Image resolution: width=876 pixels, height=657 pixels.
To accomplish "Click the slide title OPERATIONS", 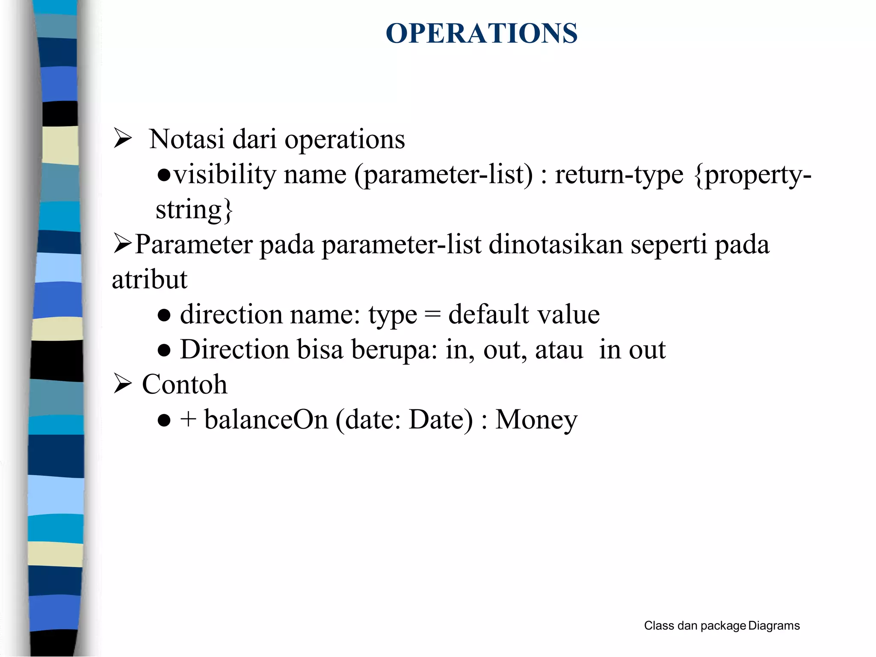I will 482,33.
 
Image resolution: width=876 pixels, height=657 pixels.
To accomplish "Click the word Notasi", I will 186,139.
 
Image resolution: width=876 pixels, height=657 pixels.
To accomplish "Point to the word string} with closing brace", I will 194,210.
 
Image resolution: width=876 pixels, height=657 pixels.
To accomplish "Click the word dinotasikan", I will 556,245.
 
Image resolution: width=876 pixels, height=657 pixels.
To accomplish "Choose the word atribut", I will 150,280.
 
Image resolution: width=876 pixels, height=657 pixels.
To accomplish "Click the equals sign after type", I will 432,315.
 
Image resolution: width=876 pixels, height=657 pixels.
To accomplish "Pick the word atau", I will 559,350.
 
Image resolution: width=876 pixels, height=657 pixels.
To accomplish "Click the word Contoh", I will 184,384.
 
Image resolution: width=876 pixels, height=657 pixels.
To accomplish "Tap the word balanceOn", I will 266,419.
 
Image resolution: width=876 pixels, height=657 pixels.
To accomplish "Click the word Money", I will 536,419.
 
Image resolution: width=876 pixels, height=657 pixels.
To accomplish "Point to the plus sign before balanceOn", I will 188,419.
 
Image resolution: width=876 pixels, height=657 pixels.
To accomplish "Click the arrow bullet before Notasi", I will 122,139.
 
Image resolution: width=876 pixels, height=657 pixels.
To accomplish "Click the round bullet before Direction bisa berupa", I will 164,351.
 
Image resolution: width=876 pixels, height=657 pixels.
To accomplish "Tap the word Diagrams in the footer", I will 774,626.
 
